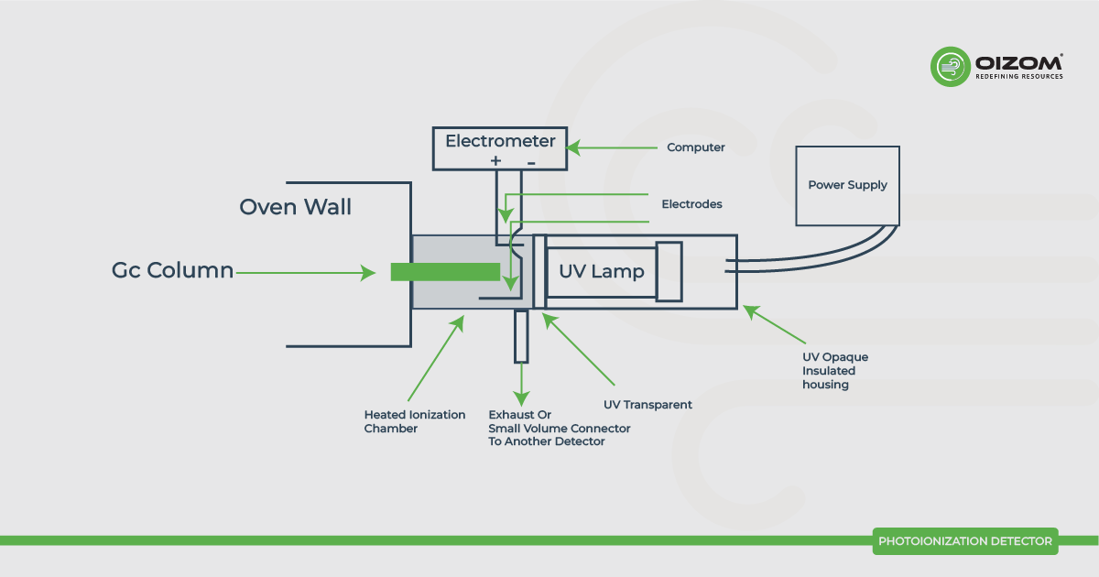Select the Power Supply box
(847, 185)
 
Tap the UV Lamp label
(602, 271)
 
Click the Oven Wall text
(295, 207)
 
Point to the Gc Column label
(172, 271)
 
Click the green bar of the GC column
(445, 272)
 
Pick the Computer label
(695, 147)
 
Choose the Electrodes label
(691, 204)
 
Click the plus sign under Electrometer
(495, 161)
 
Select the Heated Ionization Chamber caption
(415, 421)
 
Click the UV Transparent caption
(647, 404)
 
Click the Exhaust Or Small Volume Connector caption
(559, 429)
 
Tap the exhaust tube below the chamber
(521, 336)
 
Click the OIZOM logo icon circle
(950, 67)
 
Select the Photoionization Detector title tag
(964, 541)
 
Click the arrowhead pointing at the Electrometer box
(573, 147)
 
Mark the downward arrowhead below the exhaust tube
(521, 399)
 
